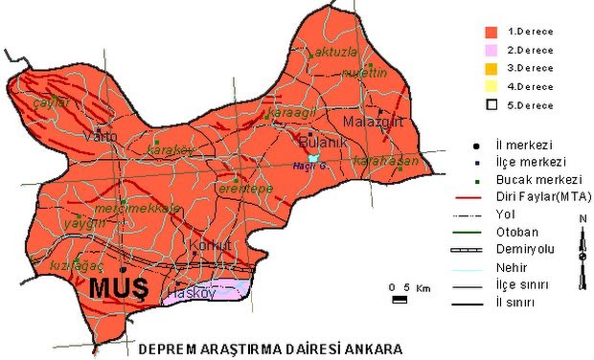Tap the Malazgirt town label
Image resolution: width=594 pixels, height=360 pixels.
[372, 123]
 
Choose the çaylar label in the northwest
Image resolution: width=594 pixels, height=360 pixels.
[52, 101]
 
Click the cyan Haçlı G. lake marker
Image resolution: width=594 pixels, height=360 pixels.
[311, 158]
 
